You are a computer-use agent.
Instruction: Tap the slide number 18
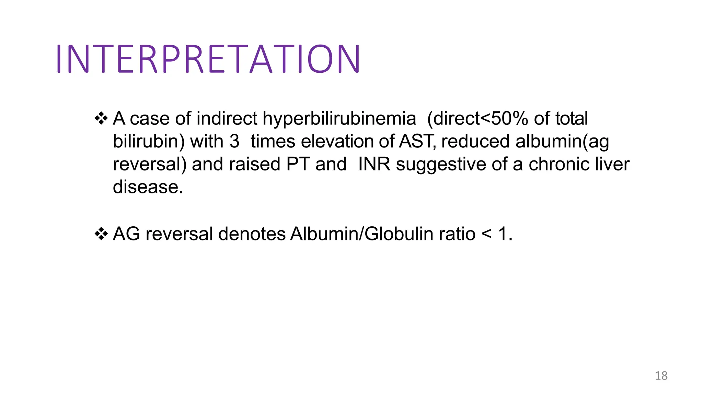(x=661, y=376)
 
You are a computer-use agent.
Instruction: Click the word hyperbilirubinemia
(x=339, y=119)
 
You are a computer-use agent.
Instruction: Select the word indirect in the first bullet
(x=227, y=119)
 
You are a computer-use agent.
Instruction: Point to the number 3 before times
(x=234, y=141)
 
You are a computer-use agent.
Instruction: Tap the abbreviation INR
(x=374, y=164)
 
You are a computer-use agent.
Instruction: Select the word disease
(x=148, y=187)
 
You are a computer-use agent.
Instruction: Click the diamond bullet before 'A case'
(x=101, y=119)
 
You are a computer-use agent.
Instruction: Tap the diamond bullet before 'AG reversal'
(x=101, y=234)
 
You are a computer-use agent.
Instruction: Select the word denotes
(x=252, y=234)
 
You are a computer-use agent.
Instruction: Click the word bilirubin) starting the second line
(x=149, y=141)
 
